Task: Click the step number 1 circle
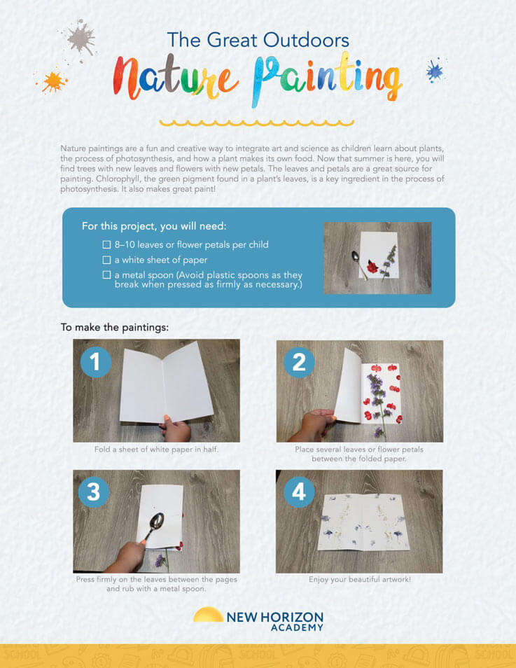pos(96,362)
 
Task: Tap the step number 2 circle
pos(299,363)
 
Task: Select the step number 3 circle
pos(94,492)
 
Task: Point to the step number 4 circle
pos(299,492)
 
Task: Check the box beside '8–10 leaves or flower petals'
pos(106,244)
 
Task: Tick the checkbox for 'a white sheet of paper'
pos(106,260)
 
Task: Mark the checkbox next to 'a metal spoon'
pos(106,274)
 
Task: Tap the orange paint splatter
pos(53,81)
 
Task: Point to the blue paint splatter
pos(435,70)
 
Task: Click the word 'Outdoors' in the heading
pos(306,40)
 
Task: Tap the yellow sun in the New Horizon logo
pos(209,614)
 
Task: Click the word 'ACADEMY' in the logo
pos(297,628)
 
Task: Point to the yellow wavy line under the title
pos(256,123)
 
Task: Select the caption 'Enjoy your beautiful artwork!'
pos(360,579)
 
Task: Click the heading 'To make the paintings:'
pos(115,328)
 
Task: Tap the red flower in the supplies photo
pos(373,267)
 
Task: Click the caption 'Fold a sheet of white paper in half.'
pos(156,449)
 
